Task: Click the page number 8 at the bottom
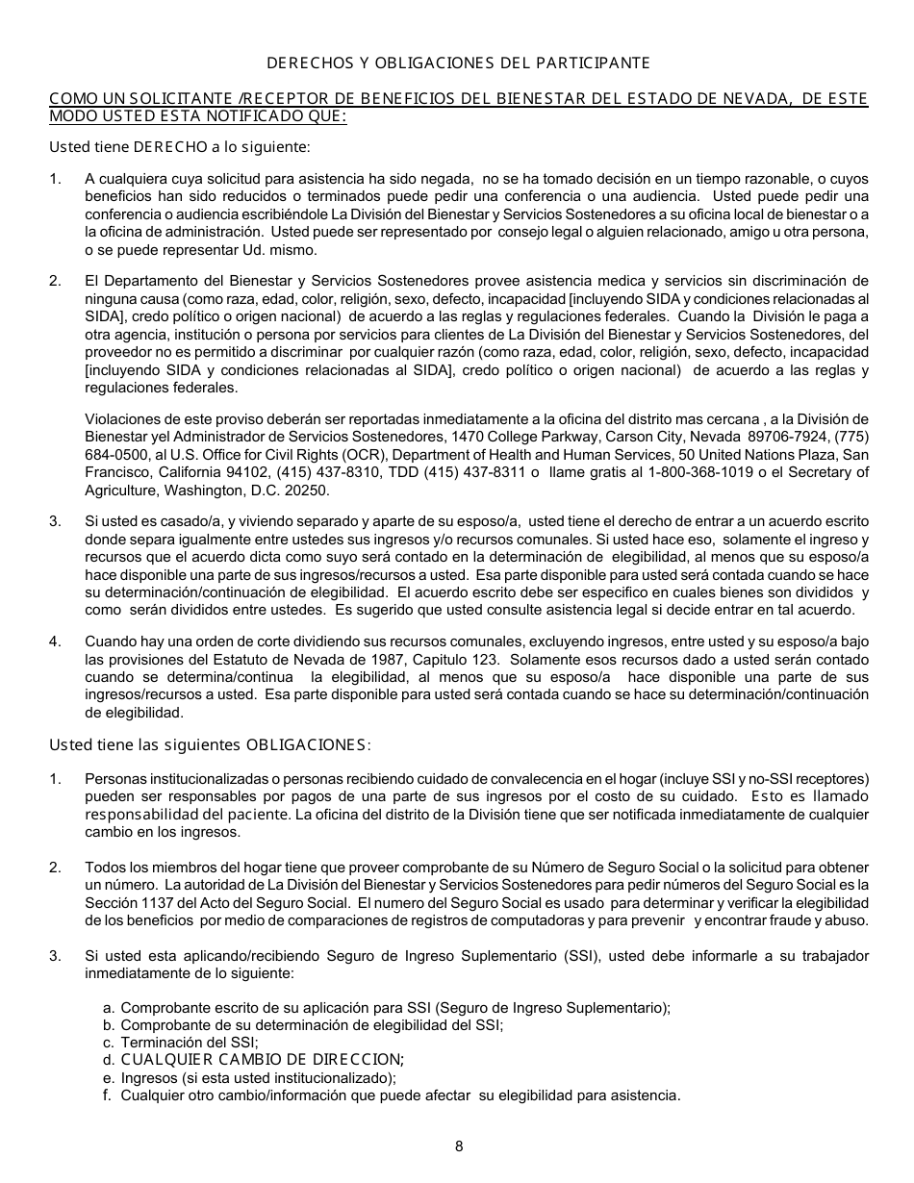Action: coord(459,1145)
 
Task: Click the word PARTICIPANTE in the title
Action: coord(601,63)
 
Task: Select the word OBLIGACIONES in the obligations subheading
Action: coord(306,744)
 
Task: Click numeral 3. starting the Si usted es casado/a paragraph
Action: coord(55,521)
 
